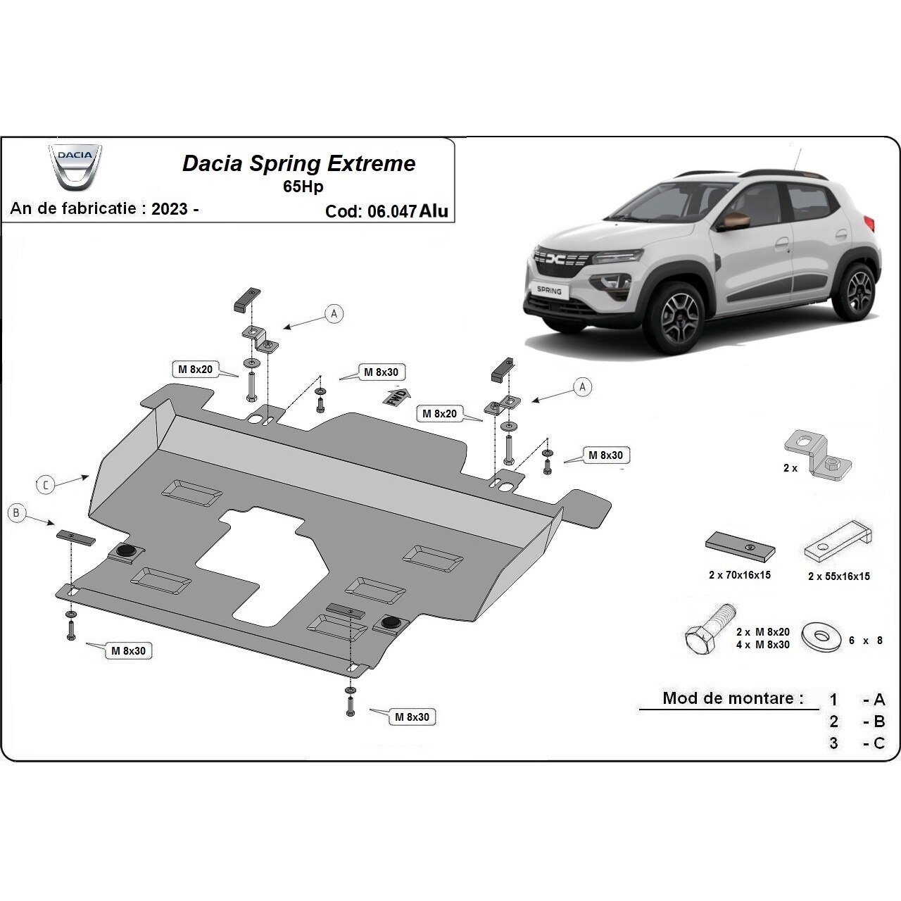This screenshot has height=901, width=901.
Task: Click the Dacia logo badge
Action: (x=75, y=168)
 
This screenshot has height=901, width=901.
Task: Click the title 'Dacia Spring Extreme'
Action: (x=298, y=164)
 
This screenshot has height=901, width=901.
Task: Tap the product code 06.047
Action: (x=391, y=211)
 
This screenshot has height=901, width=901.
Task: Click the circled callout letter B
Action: (x=16, y=513)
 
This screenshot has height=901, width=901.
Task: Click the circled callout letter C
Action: (x=44, y=484)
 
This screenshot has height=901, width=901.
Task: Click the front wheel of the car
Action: (x=674, y=310)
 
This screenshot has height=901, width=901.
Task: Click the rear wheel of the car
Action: (x=859, y=289)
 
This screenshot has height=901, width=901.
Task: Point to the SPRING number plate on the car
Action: (x=550, y=290)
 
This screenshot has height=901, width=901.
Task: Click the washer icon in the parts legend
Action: (x=821, y=636)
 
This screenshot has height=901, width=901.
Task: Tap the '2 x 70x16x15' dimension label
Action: (x=739, y=575)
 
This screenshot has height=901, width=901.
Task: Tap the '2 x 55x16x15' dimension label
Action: (x=838, y=576)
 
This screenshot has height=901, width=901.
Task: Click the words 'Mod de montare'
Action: (x=733, y=698)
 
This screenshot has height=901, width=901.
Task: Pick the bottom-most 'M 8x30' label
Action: (x=412, y=717)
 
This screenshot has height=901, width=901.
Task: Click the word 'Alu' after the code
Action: (x=434, y=211)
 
